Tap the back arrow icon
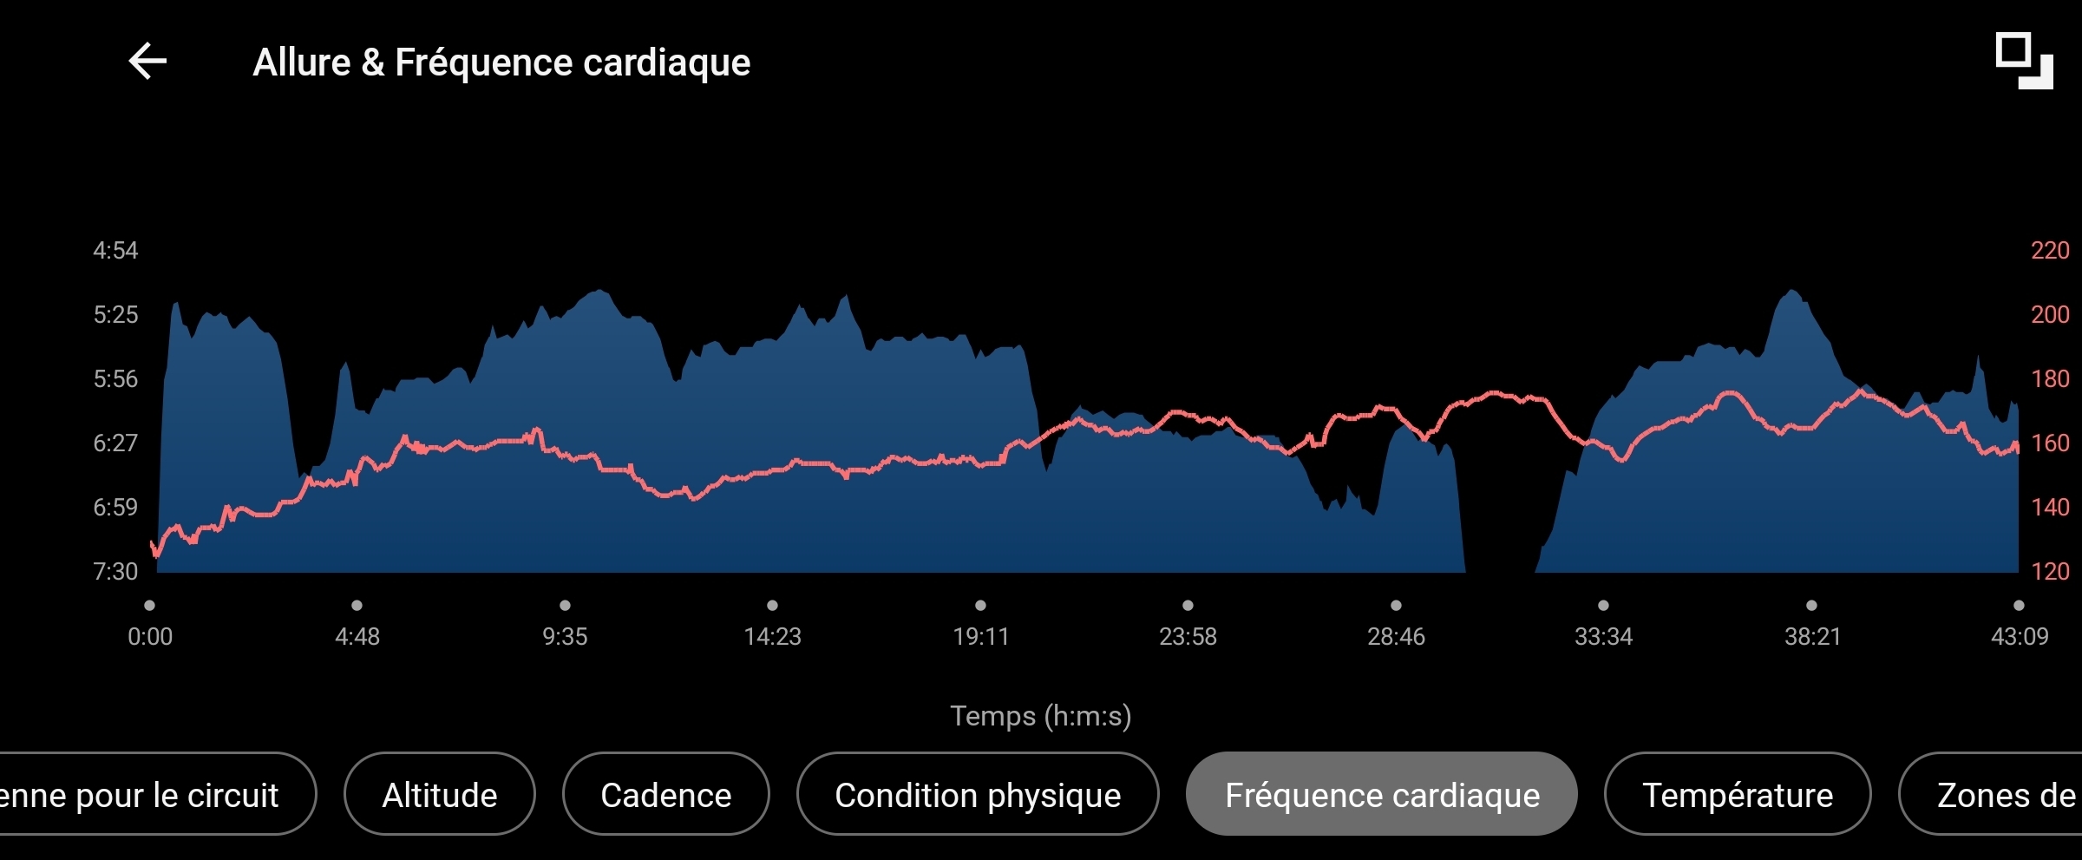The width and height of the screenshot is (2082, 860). tap(147, 62)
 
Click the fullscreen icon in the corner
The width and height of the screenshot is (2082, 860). tap(2024, 61)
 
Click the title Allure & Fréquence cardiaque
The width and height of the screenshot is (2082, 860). tap(501, 62)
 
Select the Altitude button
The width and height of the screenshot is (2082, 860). tap(440, 795)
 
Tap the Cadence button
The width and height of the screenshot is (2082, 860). tap(666, 795)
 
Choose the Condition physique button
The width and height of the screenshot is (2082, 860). tap(978, 795)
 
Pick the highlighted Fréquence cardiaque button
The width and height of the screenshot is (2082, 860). tap(1382, 795)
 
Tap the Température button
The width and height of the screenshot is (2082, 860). tap(1738, 795)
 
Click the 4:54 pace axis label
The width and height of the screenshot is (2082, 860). tap(115, 251)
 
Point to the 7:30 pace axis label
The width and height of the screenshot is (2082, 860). tap(115, 572)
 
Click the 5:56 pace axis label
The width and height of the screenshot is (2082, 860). tap(115, 379)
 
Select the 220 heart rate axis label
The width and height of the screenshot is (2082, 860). tap(2050, 251)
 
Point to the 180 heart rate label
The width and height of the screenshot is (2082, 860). tap(2050, 379)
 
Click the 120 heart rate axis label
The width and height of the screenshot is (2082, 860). tap(2050, 572)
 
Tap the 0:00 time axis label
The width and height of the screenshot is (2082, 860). tap(150, 637)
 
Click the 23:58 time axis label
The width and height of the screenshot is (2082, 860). tap(1188, 637)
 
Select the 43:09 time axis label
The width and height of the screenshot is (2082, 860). tap(2019, 637)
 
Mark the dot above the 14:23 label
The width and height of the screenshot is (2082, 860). tap(772, 606)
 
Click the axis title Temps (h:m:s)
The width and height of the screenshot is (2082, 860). tap(1040, 716)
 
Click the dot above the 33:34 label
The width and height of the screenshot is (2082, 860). tap(1603, 606)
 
